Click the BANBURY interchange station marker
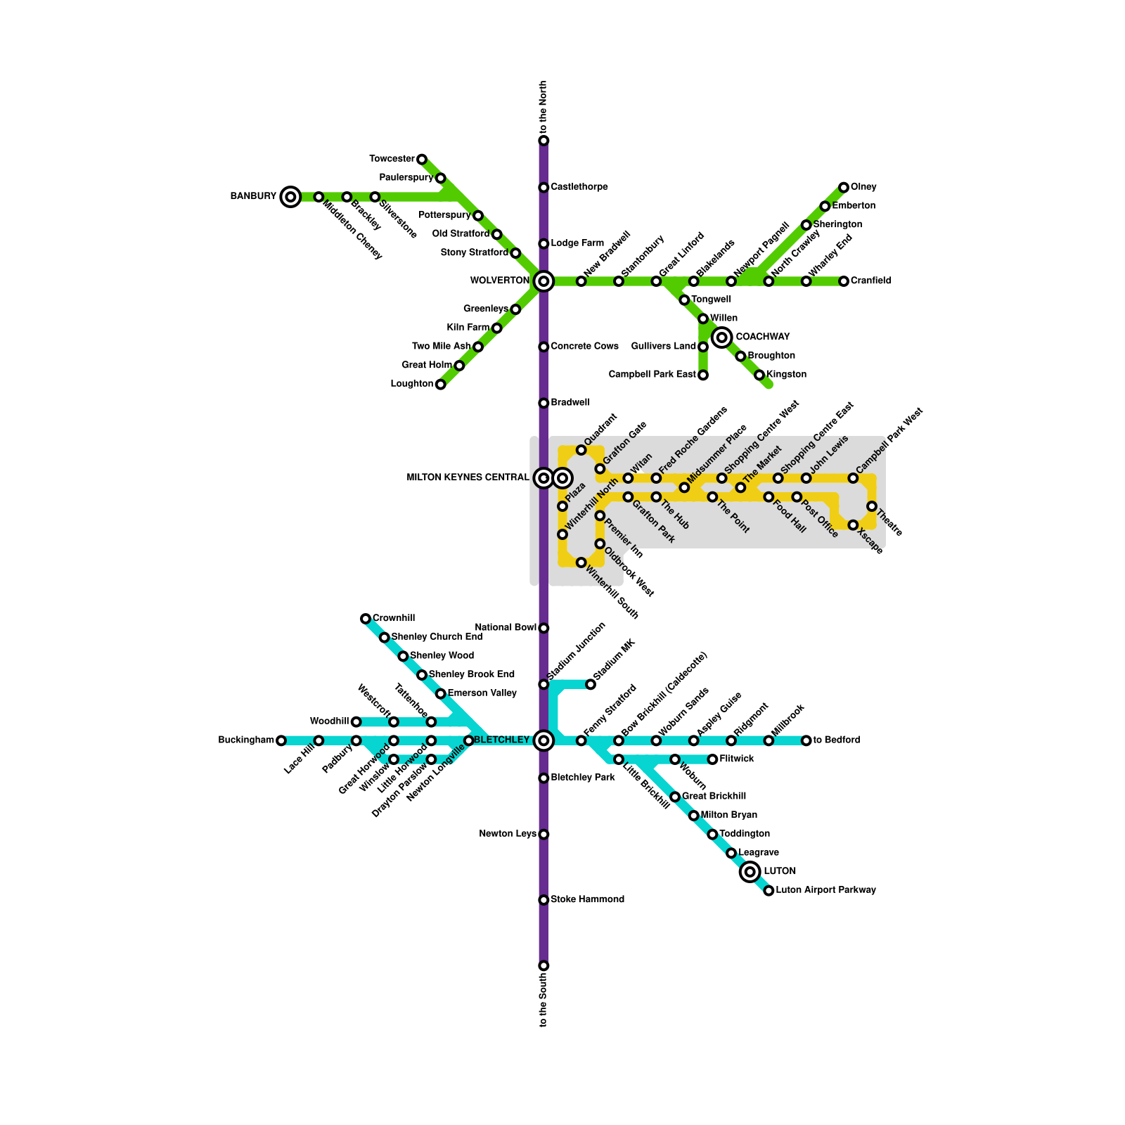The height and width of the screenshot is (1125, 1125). [x=290, y=197]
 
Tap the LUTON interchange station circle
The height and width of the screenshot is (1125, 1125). [x=750, y=872]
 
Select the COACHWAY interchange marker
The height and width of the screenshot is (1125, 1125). [x=722, y=337]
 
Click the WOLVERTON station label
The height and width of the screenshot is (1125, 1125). [x=499, y=281]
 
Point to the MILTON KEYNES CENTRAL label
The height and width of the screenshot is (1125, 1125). [x=468, y=478]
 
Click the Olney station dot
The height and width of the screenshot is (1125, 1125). [x=844, y=188]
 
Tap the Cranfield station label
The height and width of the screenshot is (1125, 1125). [x=870, y=281]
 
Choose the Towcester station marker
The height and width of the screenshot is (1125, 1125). [x=422, y=160]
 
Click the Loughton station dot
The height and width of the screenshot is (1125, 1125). [x=441, y=385]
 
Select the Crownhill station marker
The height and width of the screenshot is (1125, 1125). [x=366, y=619]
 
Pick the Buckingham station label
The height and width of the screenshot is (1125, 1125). [x=246, y=740]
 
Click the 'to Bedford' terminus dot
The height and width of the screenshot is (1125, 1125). [x=806, y=740]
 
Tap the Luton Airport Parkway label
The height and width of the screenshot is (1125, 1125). [x=826, y=890]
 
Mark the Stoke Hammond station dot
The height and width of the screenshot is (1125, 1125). [x=544, y=900]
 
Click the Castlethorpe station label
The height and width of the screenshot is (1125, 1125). [x=579, y=187]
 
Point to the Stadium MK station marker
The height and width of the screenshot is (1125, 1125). [x=591, y=684]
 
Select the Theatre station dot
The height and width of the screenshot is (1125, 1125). [x=872, y=506]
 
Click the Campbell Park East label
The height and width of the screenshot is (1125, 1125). [x=652, y=375]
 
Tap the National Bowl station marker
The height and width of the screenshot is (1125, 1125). [x=544, y=628]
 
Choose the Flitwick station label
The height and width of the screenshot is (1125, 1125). [x=737, y=759]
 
